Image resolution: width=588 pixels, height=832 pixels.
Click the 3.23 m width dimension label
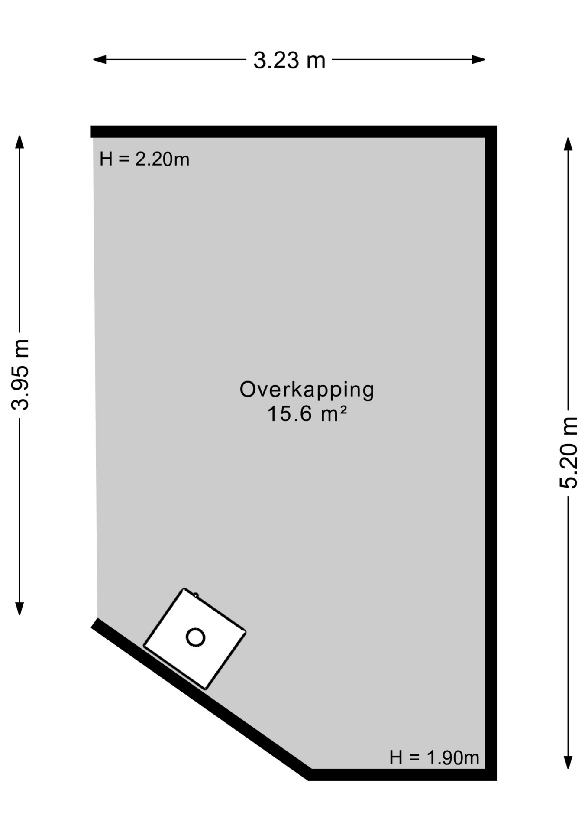click(x=289, y=60)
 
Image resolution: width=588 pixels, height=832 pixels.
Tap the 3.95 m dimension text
click(x=20, y=375)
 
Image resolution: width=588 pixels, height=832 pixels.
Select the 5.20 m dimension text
click(x=569, y=453)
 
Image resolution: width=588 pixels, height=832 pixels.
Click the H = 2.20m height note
click(x=144, y=159)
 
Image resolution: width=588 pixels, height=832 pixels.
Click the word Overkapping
click(x=307, y=389)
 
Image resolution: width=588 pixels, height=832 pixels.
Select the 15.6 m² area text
click(x=307, y=414)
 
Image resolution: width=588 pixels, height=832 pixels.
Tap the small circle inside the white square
click(x=195, y=637)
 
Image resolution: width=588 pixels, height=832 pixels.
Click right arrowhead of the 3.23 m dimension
click(x=478, y=59)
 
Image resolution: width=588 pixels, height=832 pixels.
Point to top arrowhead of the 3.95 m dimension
click(x=19, y=142)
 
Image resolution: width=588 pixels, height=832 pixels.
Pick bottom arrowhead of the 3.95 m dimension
click(x=19, y=608)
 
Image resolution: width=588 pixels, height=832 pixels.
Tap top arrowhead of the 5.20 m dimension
click(x=568, y=144)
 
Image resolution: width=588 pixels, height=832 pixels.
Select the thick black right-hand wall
click(x=491, y=433)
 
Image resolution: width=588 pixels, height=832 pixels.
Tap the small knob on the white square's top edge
click(x=196, y=595)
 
